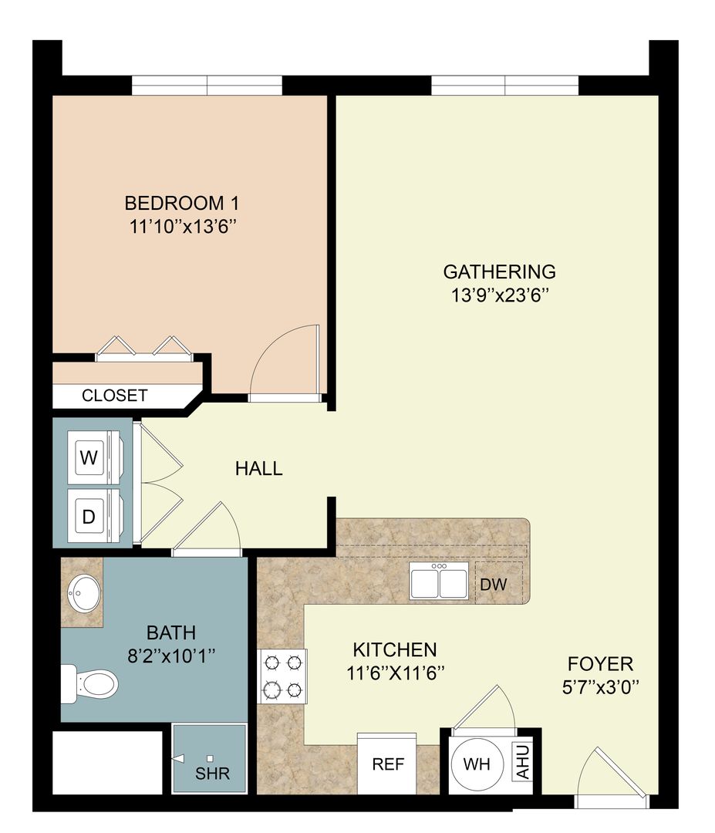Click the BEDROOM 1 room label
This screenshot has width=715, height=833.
click(x=182, y=204)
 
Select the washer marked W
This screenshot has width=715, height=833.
click(x=90, y=457)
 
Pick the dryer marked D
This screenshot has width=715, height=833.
click(x=89, y=517)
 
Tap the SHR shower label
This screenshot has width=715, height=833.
click(x=212, y=773)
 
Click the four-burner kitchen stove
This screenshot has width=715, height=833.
click(x=282, y=676)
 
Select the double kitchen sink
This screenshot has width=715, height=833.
click(x=438, y=580)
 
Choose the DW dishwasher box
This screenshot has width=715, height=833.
click(x=494, y=584)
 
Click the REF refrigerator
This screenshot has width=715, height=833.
click(x=388, y=765)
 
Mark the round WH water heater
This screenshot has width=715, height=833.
click(x=477, y=765)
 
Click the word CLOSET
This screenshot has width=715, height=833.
click(x=114, y=396)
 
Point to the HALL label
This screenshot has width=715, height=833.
click(x=258, y=468)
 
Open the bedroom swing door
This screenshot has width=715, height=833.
click(x=287, y=363)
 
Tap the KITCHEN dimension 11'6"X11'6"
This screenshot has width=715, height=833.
click(x=394, y=672)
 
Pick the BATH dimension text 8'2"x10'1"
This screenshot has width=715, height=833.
click(x=170, y=656)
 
